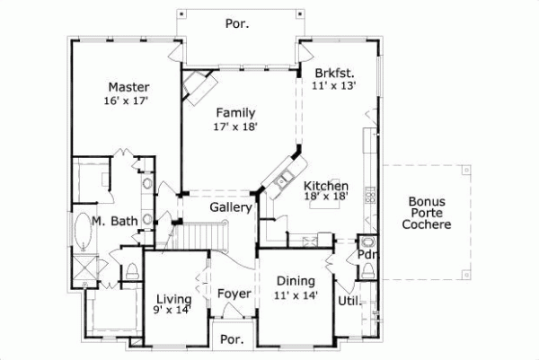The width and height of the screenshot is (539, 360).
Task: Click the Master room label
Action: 128,87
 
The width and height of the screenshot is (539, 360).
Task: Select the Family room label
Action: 235,112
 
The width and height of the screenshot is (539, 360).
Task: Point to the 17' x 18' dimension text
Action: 235,127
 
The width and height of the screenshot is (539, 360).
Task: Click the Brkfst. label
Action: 333,73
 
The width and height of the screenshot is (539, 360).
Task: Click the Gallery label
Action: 229,207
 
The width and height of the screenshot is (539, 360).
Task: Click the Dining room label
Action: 295,281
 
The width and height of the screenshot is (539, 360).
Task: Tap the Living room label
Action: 172,299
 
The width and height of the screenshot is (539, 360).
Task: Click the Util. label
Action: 349,301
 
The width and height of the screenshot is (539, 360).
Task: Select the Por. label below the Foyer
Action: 233,340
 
